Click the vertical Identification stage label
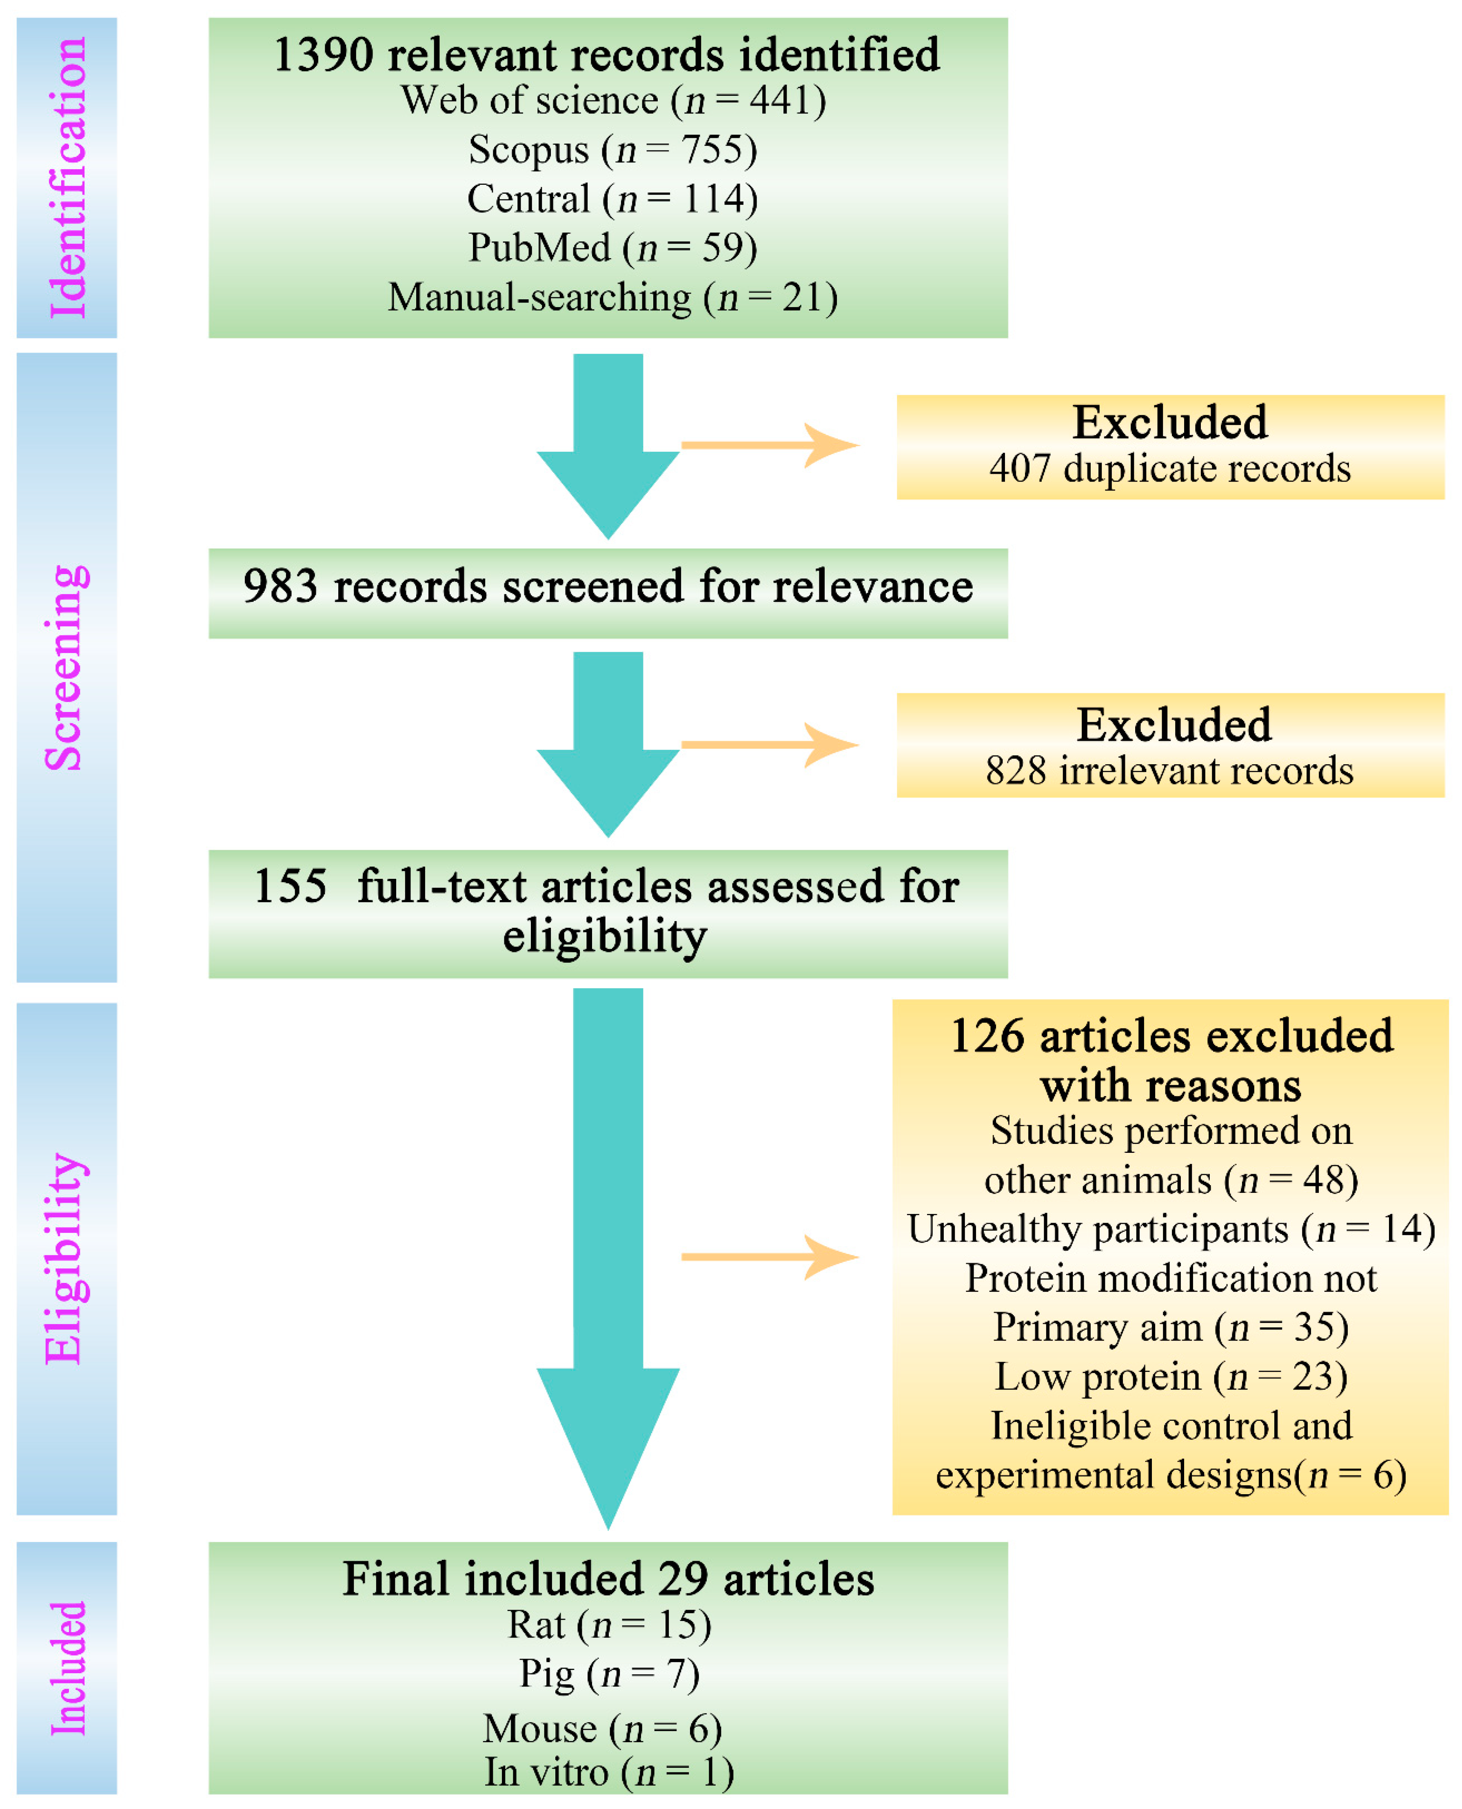pos(67,178)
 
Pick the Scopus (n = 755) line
pos(612,150)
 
